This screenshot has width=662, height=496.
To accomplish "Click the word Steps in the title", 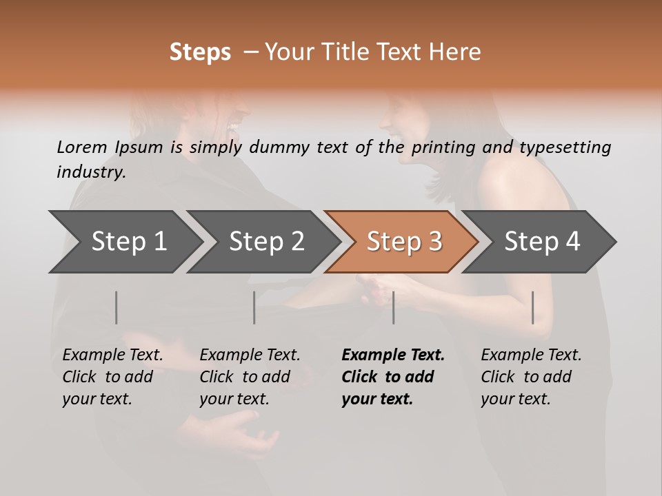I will [x=200, y=52].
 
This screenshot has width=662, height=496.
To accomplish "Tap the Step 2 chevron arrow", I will [x=266, y=242].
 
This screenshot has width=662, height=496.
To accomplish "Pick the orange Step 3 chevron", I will [x=404, y=242].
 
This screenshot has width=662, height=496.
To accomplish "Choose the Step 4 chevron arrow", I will [x=542, y=242].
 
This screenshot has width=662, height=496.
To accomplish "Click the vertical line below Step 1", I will [x=117, y=307].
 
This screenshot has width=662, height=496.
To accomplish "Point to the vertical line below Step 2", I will [x=254, y=307].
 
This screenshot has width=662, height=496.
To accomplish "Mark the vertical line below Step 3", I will [x=393, y=307].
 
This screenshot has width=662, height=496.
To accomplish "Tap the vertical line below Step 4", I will [x=532, y=307].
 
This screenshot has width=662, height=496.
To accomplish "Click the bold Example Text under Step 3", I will [x=393, y=355].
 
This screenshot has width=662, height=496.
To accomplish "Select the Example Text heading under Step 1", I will [x=112, y=355].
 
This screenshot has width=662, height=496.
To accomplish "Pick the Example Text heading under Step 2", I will [x=250, y=355].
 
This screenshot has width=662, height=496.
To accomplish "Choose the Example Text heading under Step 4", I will [x=531, y=355].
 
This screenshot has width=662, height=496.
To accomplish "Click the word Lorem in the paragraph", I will [x=82, y=147].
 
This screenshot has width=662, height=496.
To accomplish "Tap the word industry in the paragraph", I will [x=91, y=172].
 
